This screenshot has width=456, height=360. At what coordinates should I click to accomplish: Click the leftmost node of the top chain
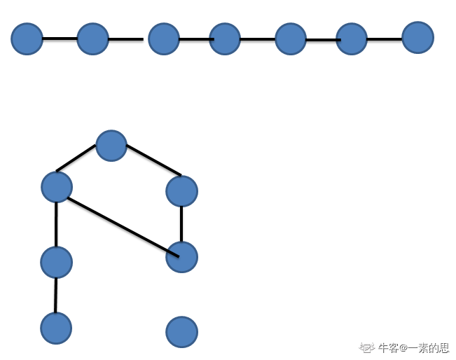click(27, 39)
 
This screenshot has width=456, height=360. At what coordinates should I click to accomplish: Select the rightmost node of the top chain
click(417, 37)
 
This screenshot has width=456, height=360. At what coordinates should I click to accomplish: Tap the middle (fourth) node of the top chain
click(225, 39)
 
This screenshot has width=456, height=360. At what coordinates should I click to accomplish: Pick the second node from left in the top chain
click(92, 39)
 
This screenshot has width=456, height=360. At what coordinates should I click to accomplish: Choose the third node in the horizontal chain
click(164, 39)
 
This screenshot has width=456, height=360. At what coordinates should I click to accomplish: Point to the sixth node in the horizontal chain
click(352, 39)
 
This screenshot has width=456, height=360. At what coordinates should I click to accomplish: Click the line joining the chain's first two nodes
click(60, 38)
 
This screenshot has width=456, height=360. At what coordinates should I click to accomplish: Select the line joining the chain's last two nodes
click(385, 39)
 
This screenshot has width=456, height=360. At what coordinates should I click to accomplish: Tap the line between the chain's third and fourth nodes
click(195, 39)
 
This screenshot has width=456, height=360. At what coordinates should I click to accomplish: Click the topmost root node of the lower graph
click(111, 146)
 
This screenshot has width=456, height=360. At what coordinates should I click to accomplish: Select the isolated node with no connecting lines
click(181, 331)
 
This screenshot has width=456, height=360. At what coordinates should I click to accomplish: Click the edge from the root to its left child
click(76, 158)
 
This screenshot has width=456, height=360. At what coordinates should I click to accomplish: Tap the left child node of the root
click(57, 187)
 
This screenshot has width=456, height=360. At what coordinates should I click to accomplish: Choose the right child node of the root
click(181, 191)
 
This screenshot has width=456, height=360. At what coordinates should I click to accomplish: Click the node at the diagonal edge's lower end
click(181, 257)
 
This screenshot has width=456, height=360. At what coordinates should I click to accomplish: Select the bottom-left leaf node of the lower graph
click(56, 328)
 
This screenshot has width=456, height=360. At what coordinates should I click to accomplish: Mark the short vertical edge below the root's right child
click(181, 223)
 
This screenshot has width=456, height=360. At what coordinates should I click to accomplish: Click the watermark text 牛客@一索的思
click(413, 347)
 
